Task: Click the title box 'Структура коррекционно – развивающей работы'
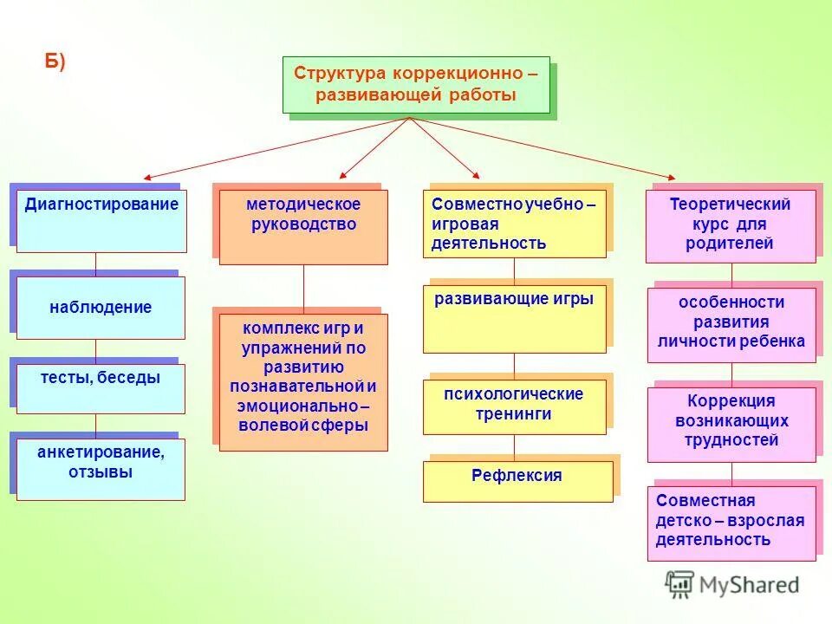click(416, 84)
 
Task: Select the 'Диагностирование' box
click(101, 221)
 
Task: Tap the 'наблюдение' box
click(101, 308)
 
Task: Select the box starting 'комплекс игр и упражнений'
click(303, 381)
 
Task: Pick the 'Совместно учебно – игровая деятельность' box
click(514, 224)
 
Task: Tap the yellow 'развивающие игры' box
click(514, 318)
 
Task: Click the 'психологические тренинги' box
click(514, 406)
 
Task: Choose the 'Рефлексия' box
click(517, 481)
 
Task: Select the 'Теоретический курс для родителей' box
click(731, 225)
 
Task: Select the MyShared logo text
click(746, 585)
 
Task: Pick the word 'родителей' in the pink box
click(731, 244)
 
